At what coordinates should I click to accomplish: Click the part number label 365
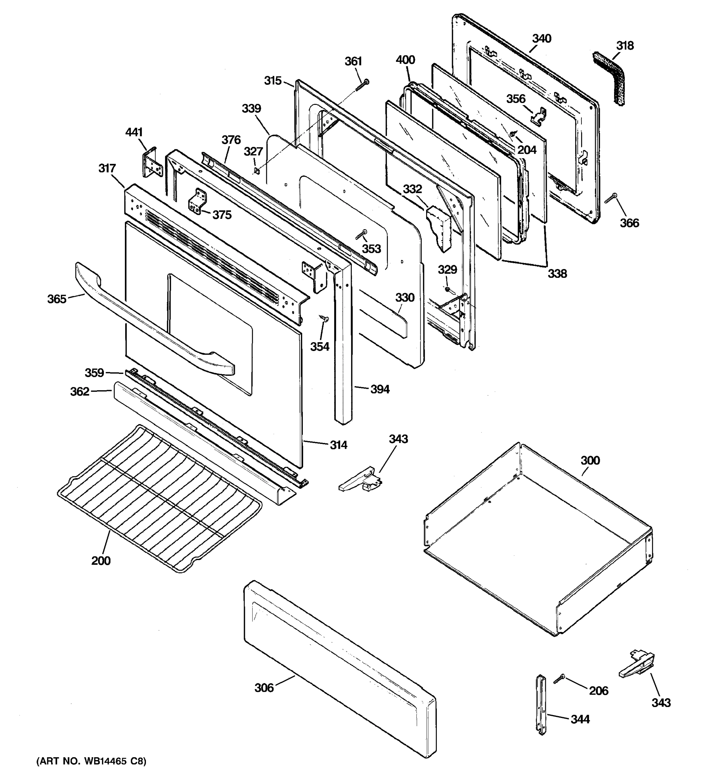[x=57, y=299]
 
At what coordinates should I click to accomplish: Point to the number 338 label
[x=557, y=274]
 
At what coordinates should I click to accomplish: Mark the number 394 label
[x=380, y=389]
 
